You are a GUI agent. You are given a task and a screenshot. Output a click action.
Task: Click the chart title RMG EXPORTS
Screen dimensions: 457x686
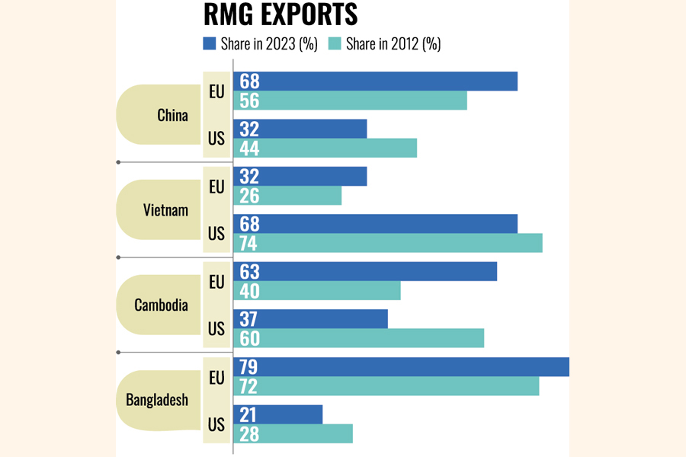pyautogui.click(x=280, y=16)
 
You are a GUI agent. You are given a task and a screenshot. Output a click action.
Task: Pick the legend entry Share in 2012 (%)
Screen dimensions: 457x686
pyautogui.click(x=385, y=44)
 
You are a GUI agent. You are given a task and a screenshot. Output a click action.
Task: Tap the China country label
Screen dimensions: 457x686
pyautogui.click(x=172, y=115)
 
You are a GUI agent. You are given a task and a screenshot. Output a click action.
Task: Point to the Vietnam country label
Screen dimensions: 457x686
pyautogui.click(x=166, y=210)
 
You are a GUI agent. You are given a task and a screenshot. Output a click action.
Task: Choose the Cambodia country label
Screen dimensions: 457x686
pyautogui.click(x=161, y=305)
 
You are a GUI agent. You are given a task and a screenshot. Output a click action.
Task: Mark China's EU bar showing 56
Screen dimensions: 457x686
pyautogui.click(x=350, y=101)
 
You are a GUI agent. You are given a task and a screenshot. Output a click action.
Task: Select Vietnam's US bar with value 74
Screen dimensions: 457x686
pyautogui.click(x=388, y=243)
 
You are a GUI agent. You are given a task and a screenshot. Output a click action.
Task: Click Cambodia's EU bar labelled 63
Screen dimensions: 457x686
pyautogui.click(x=365, y=271)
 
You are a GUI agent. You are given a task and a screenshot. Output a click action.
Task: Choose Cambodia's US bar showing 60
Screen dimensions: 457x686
pyautogui.click(x=359, y=338)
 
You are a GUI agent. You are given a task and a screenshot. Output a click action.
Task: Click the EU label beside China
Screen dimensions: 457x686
pyautogui.click(x=216, y=91)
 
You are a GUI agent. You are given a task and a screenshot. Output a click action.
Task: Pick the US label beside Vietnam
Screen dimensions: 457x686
pyautogui.click(x=216, y=234)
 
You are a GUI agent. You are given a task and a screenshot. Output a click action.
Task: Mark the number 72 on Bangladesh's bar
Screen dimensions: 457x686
pyautogui.click(x=249, y=386)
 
